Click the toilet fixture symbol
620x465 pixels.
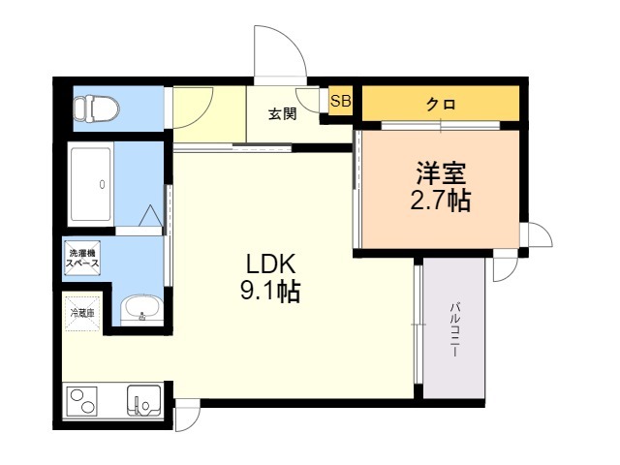97,108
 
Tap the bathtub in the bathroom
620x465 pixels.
90,184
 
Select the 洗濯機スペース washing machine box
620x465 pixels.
82,258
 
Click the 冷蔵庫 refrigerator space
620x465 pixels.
82,313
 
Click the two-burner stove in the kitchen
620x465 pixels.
82,401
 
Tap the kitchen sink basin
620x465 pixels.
144,400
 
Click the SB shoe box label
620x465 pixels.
341,101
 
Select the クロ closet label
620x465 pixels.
441,104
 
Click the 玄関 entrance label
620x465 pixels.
283,114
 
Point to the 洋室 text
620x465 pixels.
441,173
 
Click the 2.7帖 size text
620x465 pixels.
441,201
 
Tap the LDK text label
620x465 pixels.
271,264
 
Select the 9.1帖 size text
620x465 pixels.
270,292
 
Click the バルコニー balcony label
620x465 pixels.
454,329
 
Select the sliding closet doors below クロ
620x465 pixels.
441,125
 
